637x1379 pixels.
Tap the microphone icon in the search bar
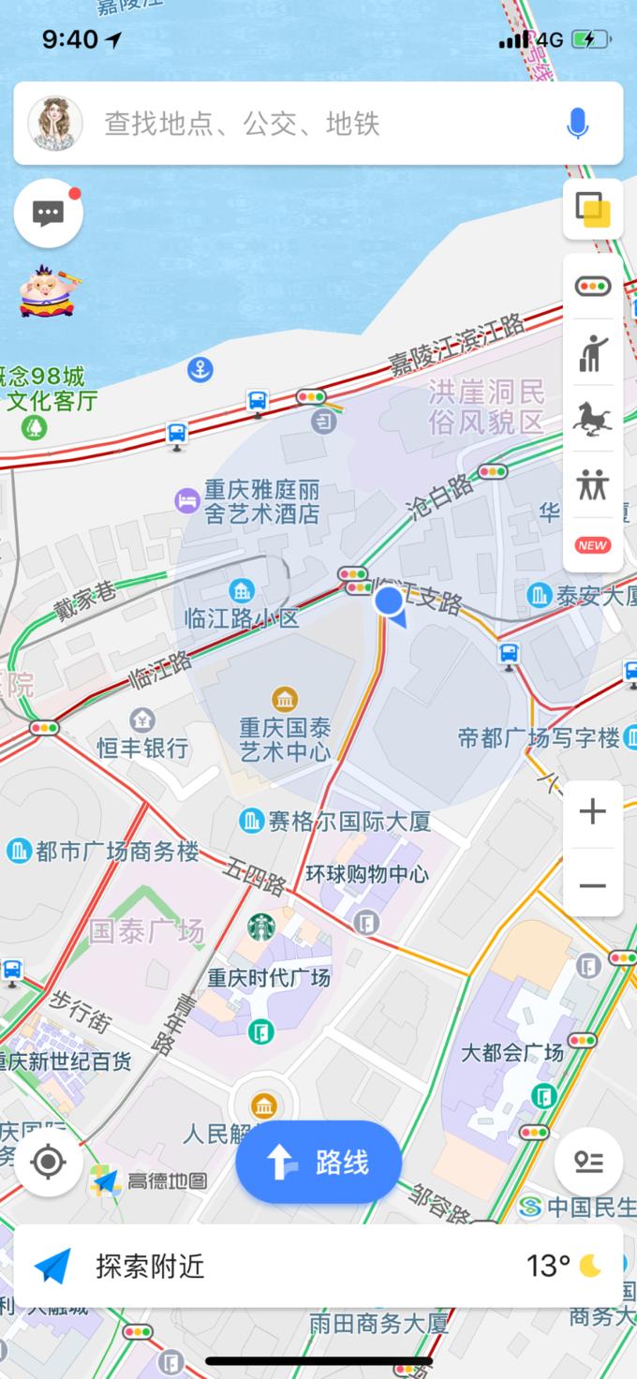point(578,123)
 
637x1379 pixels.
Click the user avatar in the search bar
point(55,123)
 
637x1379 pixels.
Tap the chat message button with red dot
point(49,214)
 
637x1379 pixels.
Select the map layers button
point(593,210)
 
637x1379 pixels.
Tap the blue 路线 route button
point(318,1163)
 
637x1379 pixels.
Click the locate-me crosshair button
point(49,1163)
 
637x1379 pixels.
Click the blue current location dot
point(389,601)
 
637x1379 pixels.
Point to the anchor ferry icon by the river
point(200,369)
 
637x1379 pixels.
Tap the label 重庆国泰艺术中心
point(285,739)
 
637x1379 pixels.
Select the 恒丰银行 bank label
point(142,748)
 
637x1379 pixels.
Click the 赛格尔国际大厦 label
point(348,822)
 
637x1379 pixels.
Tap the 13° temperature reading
point(548,1267)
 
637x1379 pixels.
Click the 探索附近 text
point(150,1267)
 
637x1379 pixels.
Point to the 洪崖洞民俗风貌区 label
point(485,406)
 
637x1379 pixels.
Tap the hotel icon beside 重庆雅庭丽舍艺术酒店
point(187,500)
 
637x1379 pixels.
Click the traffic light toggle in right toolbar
point(593,287)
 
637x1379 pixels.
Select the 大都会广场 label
point(512,1052)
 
